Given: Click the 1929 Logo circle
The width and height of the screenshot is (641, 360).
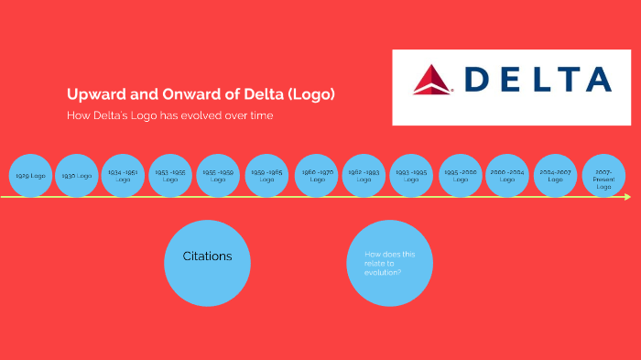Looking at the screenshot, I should pyautogui.click(x=31, y=175).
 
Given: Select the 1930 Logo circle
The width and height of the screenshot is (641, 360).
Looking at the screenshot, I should pyautogui.click(x=77, y=175).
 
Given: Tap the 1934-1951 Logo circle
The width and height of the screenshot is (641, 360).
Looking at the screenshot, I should pyautogui.click(x=123, y=175).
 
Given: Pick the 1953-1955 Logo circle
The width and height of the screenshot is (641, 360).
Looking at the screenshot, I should pyautogui.click(x=170, y=175).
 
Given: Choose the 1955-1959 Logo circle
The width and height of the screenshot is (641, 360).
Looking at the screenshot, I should pyautogui.click(x=218, y=175).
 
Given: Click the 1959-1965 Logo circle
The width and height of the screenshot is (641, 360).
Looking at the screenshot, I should pyautogui.click(x=266, y=175).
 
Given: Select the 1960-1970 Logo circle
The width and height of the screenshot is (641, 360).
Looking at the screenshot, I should pyautogui.click(x=317, y=175).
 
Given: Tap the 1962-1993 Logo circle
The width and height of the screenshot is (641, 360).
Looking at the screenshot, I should pyautogui.click(x=364, y=175).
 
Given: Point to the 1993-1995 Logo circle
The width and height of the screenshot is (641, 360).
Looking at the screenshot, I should pyautogui.click(x=411, y=175).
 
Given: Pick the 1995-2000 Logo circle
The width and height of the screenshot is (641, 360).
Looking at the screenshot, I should pyautogui.click(x=460, y=175).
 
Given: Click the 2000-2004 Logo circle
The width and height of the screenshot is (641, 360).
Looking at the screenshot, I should pyautogui.click(x=507, y=175).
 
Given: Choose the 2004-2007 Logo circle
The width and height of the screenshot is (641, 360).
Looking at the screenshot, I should pyautogui.click(x=556, y=175).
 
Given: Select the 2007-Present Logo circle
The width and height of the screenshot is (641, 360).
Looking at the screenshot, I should pyautogui.click(x=603, y=175).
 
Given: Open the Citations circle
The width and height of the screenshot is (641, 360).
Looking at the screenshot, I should pyautogui.click(x=207, y=263).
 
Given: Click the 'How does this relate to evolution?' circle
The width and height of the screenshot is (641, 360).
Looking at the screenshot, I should pyautogui.click(x=389, y=263).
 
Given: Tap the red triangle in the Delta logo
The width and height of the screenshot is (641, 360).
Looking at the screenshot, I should pyautogui.click(x=431, y=80).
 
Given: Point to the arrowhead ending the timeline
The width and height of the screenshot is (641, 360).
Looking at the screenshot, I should pyautogui.click(x=627, y=197).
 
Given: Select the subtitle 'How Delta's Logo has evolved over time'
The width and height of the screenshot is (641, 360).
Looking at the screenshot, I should pyautogui.click(x=169, y=115).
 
